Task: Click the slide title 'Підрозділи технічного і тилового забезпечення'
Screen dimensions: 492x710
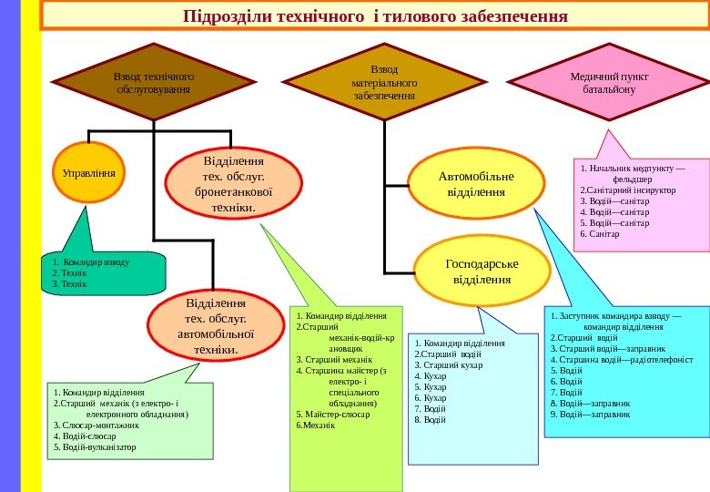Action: tap(375, 16)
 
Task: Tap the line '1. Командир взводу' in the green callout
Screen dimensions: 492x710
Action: tap(92, 261)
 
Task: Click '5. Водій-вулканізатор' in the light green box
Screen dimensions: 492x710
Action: tap(95, 447)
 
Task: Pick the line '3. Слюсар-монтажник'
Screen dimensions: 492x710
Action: tap(96, 425)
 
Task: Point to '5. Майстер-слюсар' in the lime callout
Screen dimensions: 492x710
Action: tap(333, 414)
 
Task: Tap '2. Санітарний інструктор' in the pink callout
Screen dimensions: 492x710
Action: tap(627, 191)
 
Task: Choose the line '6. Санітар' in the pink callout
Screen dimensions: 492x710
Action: tap(599, 234)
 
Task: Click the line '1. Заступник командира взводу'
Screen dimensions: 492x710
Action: tap(615, 315)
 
